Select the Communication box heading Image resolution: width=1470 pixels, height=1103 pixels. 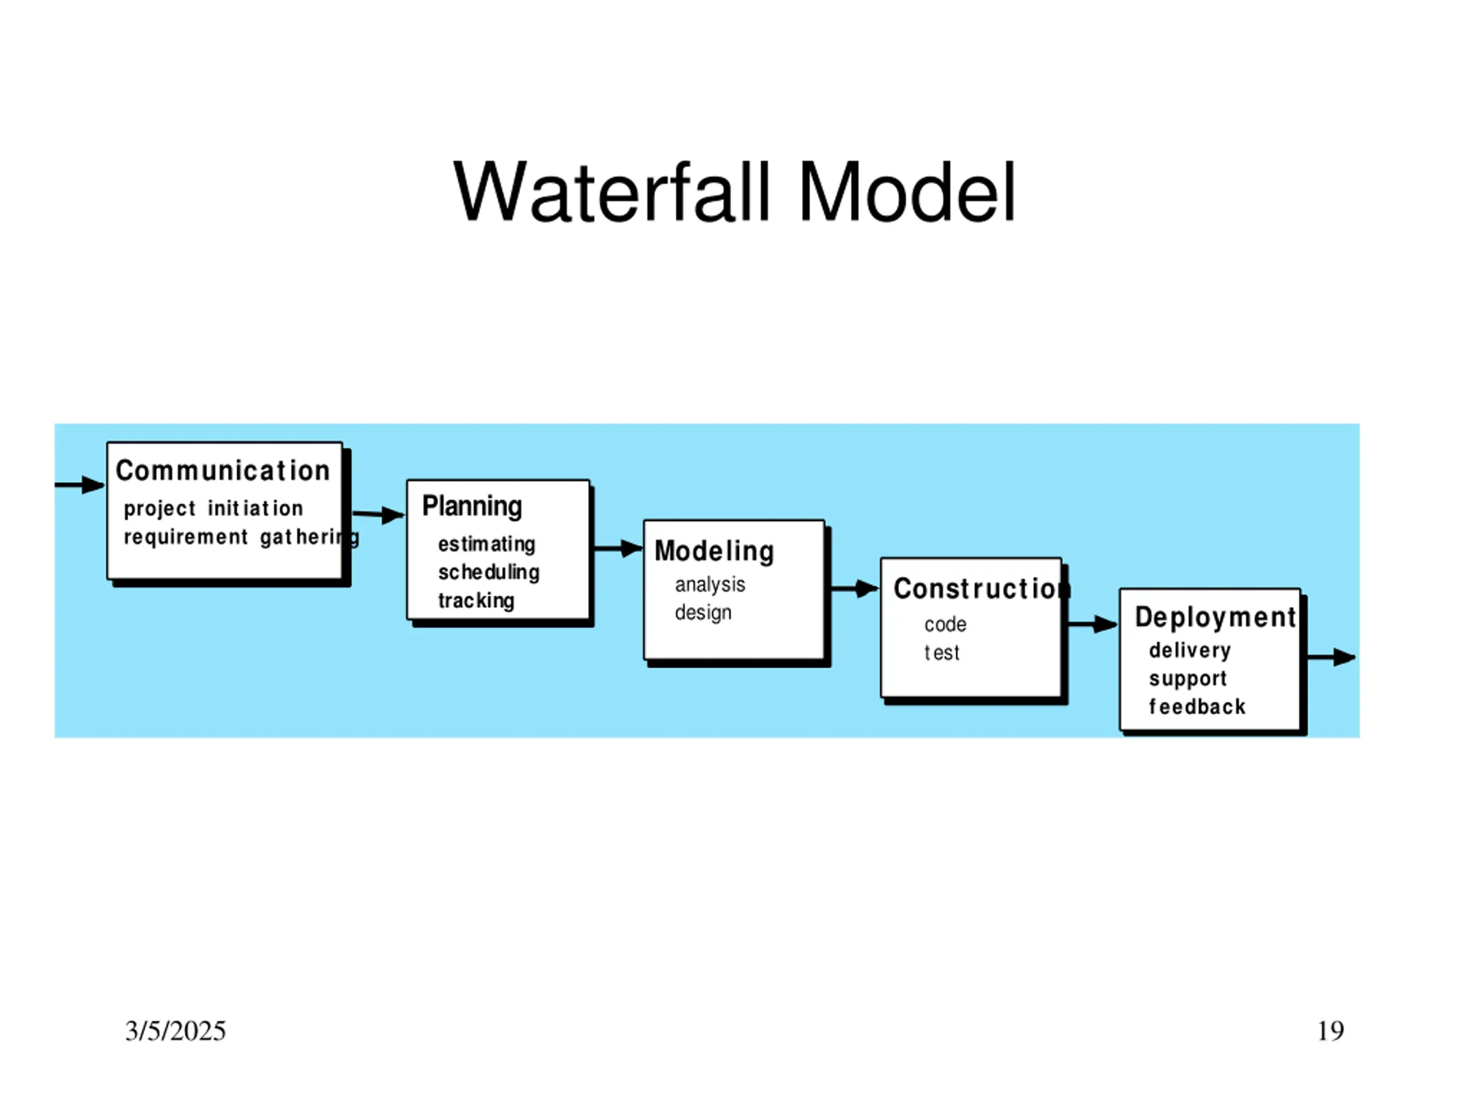[x=223, y=470]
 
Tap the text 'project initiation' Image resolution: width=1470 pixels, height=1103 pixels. [x=214, y=508]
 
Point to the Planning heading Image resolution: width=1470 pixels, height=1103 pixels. [x=472, y=507]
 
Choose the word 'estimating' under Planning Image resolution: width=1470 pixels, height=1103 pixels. [x=486, y=544]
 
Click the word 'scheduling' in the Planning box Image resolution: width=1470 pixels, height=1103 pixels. [x=489, y=572]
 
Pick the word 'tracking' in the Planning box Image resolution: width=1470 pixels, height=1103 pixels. [x=476, y=600]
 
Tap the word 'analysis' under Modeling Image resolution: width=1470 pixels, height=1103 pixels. [x=710, y=584]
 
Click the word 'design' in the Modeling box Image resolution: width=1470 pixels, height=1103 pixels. [x=703, y=612]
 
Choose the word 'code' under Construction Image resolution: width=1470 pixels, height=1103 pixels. [x=945, y=624]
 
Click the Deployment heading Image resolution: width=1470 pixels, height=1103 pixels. [x=1216, y=618]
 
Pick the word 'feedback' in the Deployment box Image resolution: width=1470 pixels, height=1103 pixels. [x=1197, y=706]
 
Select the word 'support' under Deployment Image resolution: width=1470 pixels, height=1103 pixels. [x=1187, y=679]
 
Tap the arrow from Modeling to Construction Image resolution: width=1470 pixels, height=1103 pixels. [x=854, y=588]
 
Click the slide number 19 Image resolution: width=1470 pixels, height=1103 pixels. [x=1330, y=1031]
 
